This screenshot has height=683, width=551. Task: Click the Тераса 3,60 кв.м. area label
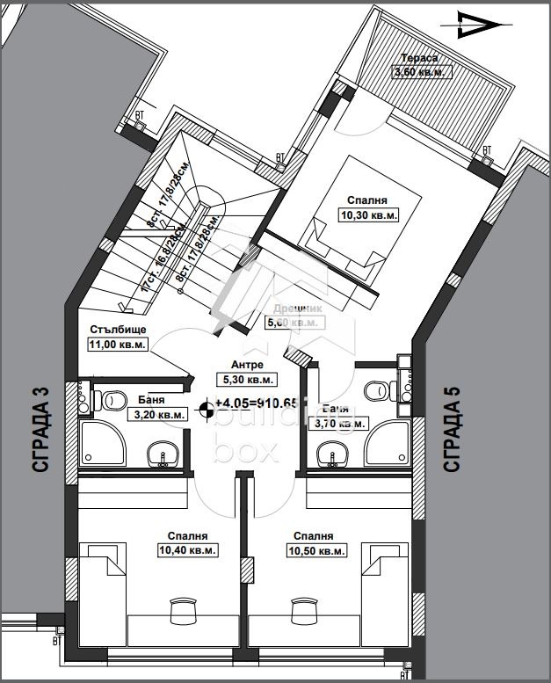coord(421,72)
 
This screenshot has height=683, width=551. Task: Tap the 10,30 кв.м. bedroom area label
coord(369,214)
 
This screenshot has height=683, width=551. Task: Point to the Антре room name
coord(247,365)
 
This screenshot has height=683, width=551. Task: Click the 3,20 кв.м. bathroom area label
coord(159,415)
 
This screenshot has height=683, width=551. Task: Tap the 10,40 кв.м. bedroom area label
coord(188,550)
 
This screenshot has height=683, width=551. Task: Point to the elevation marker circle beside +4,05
coord(207,405)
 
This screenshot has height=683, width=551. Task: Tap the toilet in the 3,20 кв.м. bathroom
coord(111,401)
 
